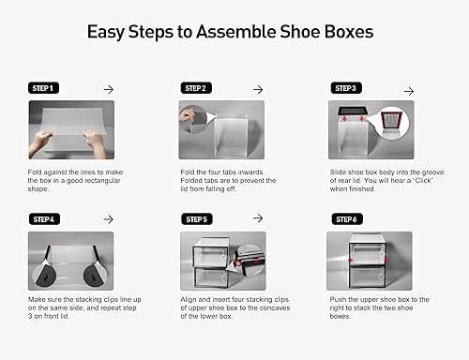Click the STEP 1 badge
pyautogui.click(x=44, y=88)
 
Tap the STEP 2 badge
pyautogui.click(x=196, y=88)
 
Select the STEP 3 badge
pyautogui.click(x=346, y=88)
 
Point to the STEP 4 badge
pyautogui.click(x=44, y=219)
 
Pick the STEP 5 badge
pyautogui.click(x=196, y=219)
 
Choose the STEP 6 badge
pyautogui.click(x=346, y=219)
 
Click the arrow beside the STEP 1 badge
pyautogui.click(x=108, y=88)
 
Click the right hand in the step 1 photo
pyautogui.click(x=95, y=141)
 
